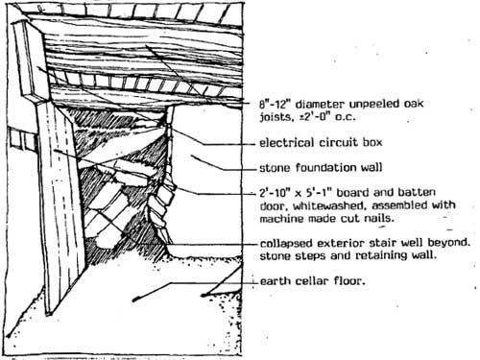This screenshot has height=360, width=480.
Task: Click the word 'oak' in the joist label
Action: tap(414, 104)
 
